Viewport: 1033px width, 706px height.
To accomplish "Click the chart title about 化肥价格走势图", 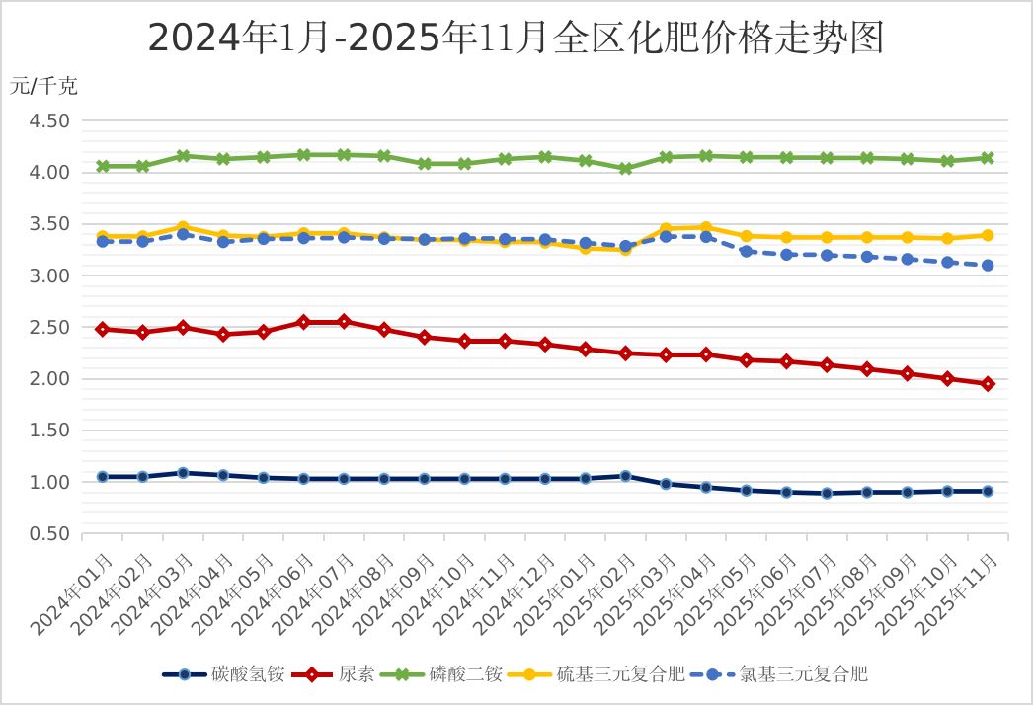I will [x=516, y=39].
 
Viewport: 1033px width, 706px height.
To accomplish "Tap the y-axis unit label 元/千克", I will [x=43, y=86].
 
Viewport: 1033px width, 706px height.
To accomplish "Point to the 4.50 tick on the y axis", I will [x=50, y=121].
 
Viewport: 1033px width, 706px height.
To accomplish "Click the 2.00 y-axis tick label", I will [x=50, y=379].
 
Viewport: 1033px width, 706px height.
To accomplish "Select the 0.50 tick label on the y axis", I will [x=50, y=534].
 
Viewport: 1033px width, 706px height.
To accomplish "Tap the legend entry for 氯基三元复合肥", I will [x=779, y=674].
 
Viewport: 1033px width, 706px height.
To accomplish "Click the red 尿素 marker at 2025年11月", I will [x=988, y=384].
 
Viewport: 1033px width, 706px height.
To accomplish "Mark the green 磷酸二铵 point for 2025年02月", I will [x=625, y=169].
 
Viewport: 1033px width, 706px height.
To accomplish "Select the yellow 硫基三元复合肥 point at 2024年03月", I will [x=183, y=227].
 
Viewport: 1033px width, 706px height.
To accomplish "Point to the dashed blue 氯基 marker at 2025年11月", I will [x=988, y=265].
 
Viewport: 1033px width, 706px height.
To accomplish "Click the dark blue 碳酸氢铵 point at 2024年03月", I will [x=183, y=473].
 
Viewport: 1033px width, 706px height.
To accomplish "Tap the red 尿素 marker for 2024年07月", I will [x=344, y=322].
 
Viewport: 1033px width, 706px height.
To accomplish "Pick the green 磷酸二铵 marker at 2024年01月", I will [x=103, y=166].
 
